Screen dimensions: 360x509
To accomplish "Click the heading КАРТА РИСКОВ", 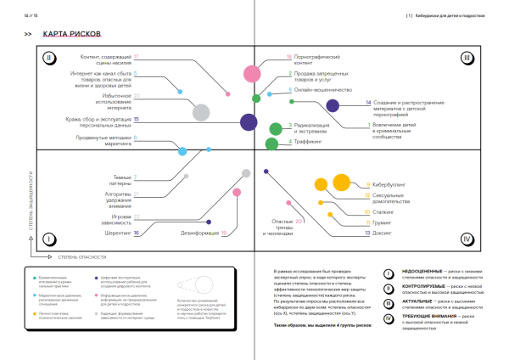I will coord(73,34).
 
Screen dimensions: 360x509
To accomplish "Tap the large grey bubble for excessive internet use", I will coord(200,111).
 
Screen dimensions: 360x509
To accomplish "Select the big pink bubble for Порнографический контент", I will coord(250,74).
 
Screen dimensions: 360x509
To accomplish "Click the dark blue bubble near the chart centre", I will coord(249,122).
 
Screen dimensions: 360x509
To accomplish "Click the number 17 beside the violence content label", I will coord(136,56).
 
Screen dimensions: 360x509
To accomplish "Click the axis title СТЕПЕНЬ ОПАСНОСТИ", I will coord(79,255).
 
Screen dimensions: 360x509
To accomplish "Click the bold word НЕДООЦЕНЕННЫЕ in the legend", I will coord(422,273).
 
